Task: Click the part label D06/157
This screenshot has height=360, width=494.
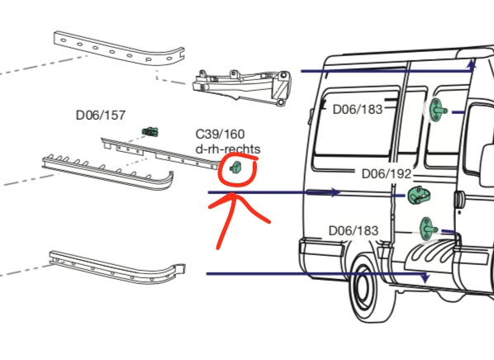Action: tap(100, 116)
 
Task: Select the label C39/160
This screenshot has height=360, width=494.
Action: tap(220, 134)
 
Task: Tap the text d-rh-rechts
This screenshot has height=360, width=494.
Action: tap(227, 149)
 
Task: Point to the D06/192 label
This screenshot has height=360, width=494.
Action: tap(386, 174)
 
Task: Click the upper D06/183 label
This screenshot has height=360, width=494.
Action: tap(358, 109)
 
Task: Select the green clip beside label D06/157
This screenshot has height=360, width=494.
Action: tap(150, 130)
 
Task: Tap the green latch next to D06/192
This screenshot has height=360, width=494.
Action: tap(419, 197)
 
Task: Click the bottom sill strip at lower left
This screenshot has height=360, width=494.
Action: tap(116, 263)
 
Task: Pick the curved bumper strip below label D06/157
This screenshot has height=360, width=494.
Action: tap(107, 172)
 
